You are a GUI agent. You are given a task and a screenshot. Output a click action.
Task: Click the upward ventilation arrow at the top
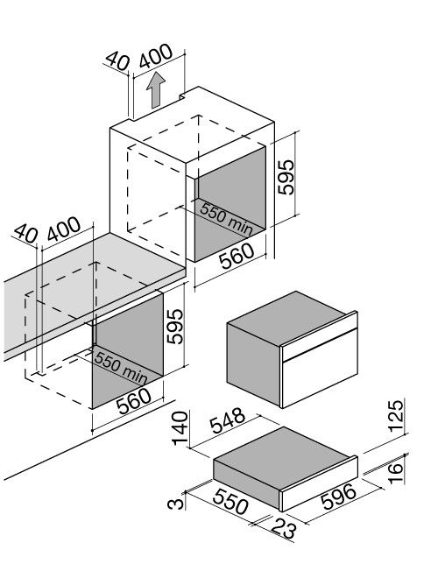pyautogui.click(x=156, y=90)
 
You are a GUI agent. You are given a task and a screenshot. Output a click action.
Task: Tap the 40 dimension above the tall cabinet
pyautogui.click(x=117, y=60)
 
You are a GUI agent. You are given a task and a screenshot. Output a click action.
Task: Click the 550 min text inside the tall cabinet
pyautogui.click(x=225, y=219)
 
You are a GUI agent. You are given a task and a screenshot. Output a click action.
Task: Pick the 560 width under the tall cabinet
pyautogui.click(x=237, y=255)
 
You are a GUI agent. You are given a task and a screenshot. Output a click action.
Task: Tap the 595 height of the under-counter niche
pyautogui.click(x=178, y=326)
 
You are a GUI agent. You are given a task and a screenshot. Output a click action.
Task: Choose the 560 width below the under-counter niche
pyautogui.click(x=134, y=401)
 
